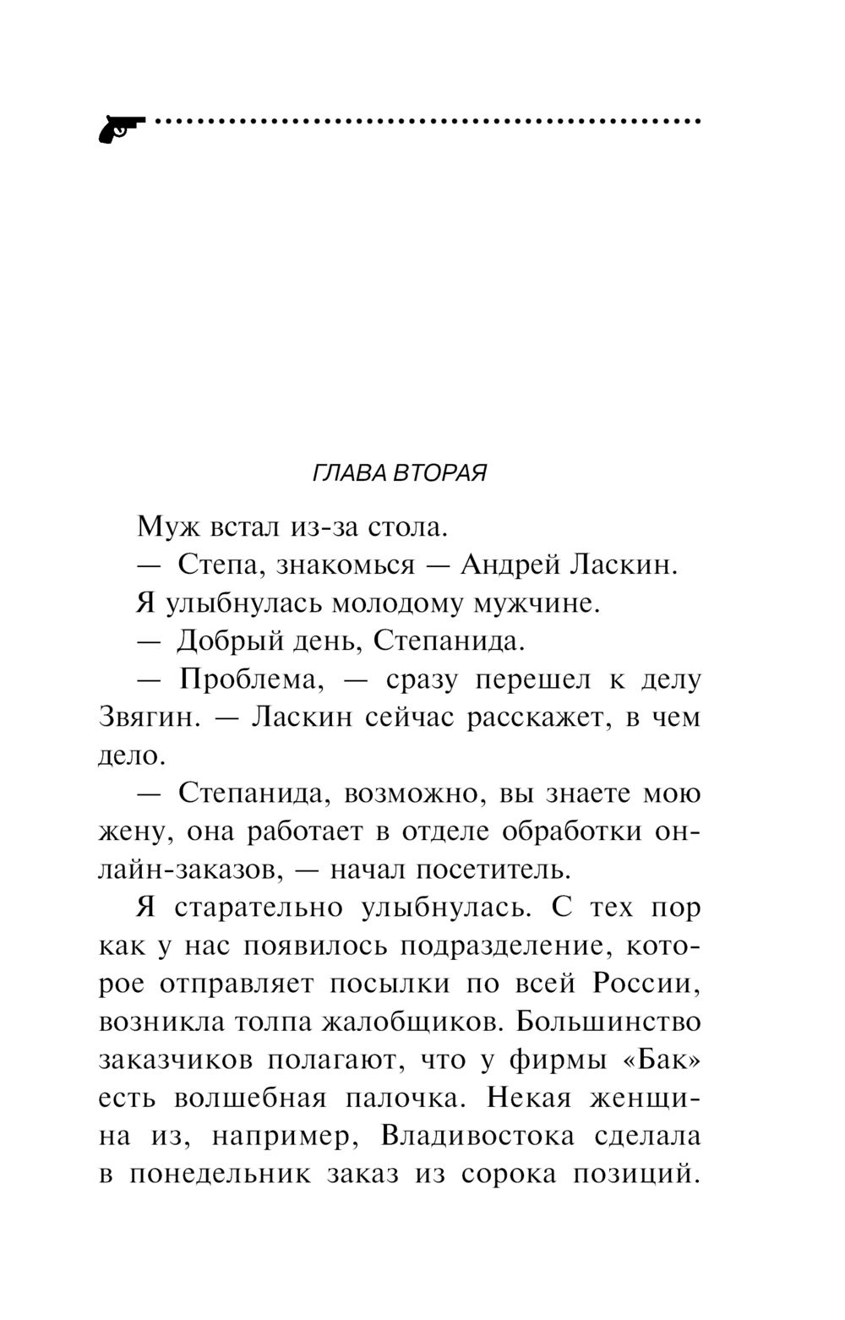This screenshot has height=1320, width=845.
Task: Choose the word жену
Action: point(135,832)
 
